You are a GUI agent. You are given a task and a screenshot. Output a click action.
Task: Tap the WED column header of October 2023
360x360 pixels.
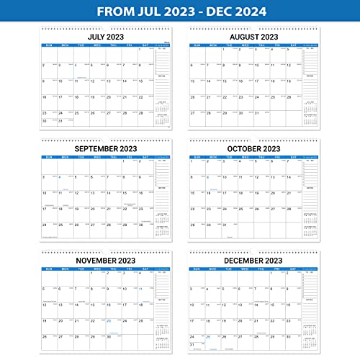click(243, 160)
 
